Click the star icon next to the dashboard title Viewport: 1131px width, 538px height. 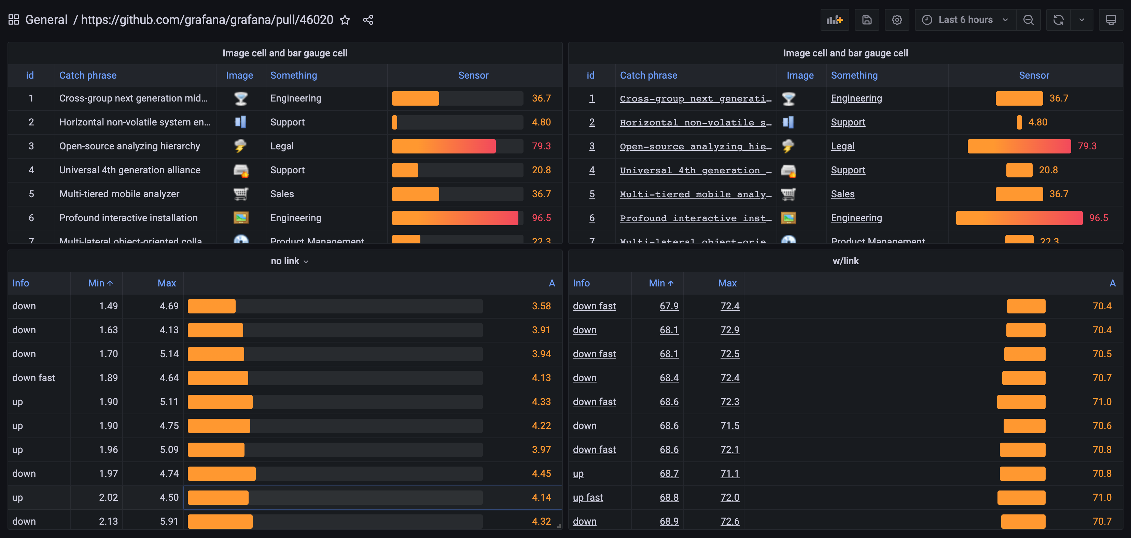345,20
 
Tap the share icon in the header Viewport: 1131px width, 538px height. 368,20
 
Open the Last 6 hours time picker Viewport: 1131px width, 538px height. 965,20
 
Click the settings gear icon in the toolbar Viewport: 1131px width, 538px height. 896,20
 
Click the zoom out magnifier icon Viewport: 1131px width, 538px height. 1028,20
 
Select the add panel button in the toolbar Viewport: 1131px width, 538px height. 834,20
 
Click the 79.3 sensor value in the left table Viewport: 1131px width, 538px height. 541,146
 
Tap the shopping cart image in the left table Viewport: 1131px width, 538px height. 241,194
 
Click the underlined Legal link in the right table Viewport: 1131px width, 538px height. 842,146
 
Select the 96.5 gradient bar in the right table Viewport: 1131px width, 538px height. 1019,218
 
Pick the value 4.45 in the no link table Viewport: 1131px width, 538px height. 541,473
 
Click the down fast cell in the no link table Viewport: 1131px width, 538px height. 34,378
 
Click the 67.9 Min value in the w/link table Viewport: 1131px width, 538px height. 669,306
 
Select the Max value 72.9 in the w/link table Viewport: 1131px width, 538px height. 729,329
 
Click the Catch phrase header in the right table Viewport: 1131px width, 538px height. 648,75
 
